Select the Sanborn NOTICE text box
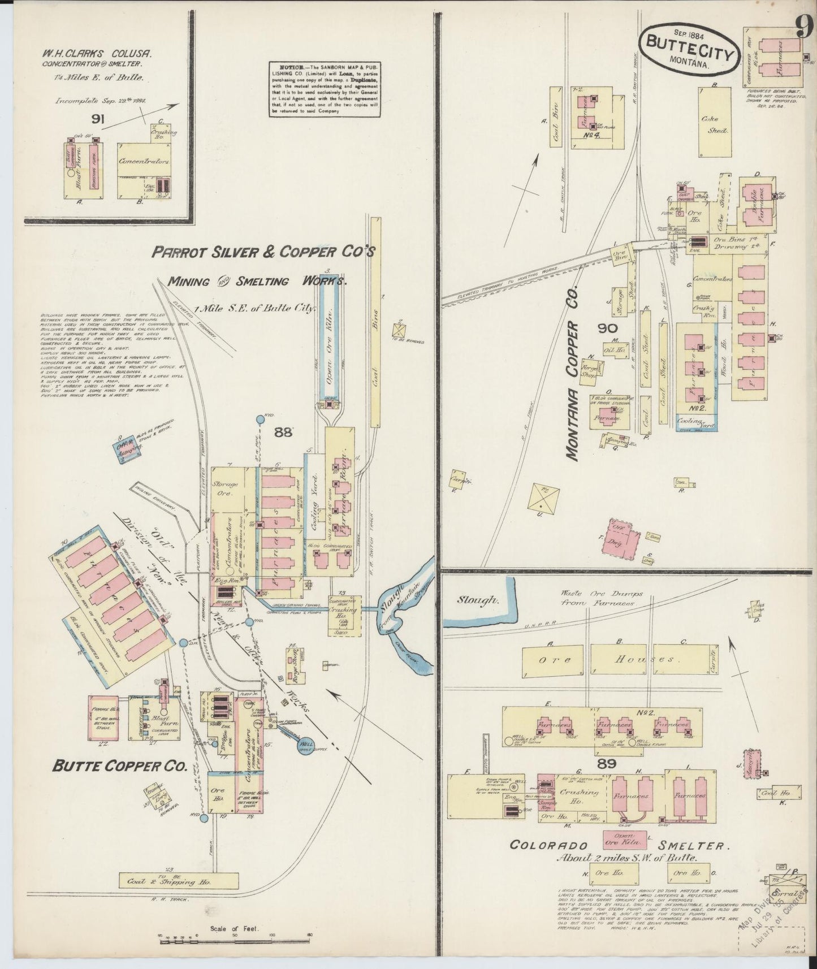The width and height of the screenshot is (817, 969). [x=323, y=88]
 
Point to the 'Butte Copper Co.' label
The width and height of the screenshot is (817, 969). [x=119, y=765]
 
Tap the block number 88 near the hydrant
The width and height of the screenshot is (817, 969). [x=283, y=432]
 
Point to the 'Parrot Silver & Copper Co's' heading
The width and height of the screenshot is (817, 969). [x=263, y=252]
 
